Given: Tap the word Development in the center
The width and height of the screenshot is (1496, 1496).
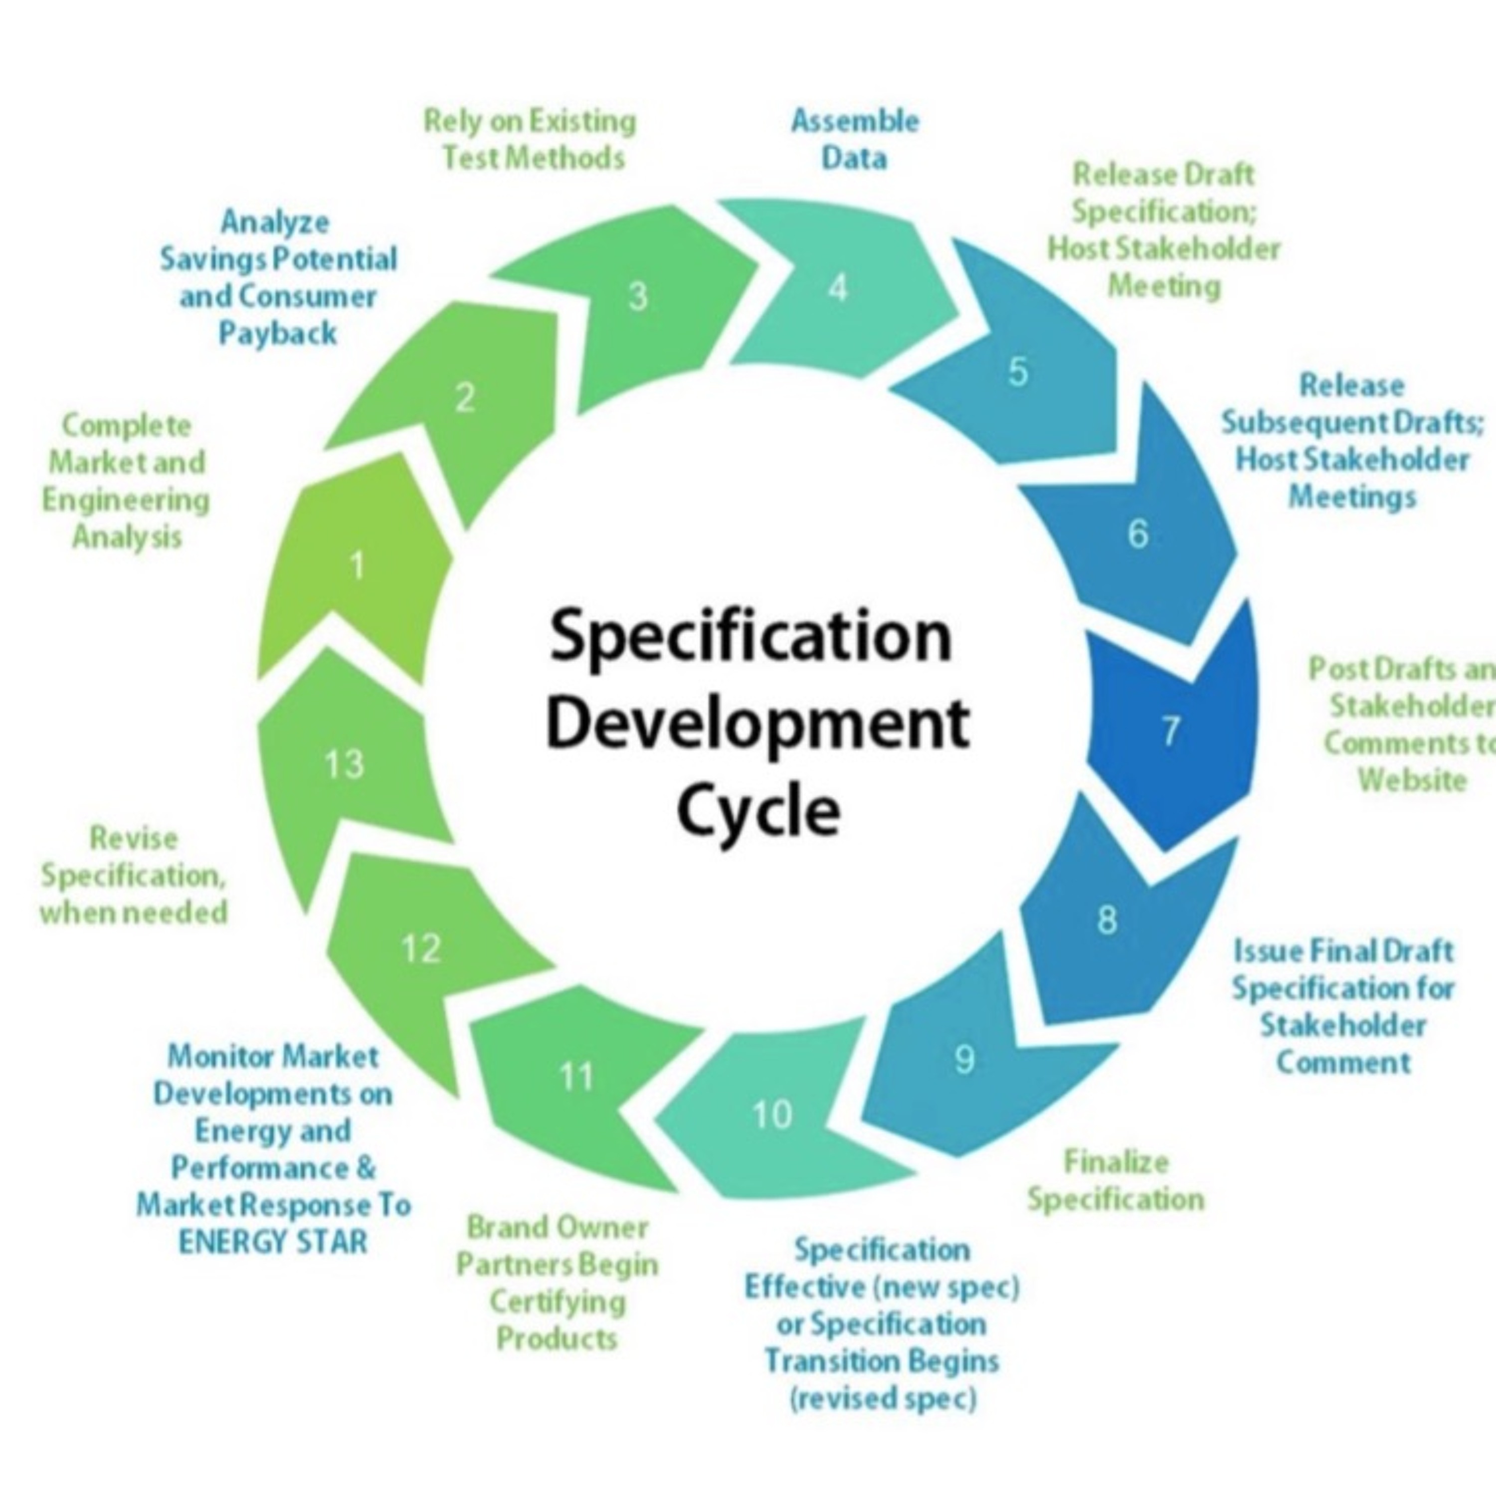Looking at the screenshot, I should pos(758,722).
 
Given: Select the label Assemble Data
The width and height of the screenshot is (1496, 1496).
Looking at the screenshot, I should pos(855,140).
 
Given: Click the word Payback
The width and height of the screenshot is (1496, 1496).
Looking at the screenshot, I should pos(277,333).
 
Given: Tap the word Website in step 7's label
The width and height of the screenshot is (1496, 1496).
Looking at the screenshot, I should pos(1412,779).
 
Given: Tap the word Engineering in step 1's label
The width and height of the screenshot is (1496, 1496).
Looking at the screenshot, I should pos(126,500).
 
